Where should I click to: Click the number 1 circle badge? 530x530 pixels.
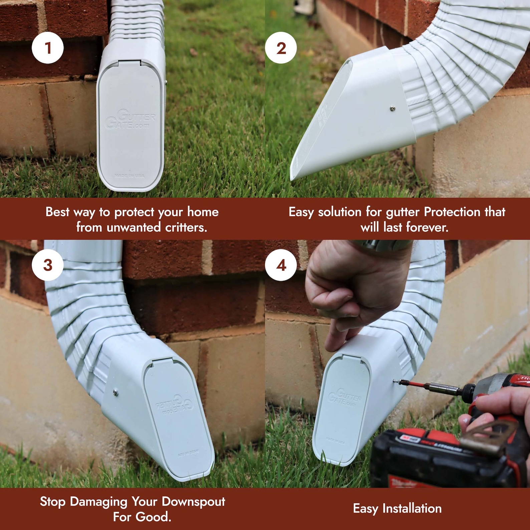(48, 48)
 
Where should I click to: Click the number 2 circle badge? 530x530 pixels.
(281, 48)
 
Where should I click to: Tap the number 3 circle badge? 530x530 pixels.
(48, 265)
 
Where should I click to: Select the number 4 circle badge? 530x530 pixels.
(281, 265)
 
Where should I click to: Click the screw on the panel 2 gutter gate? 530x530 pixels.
(393, 108)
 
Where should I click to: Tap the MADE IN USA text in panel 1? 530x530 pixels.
(129, 176)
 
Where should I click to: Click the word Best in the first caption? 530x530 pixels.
(57, 212)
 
